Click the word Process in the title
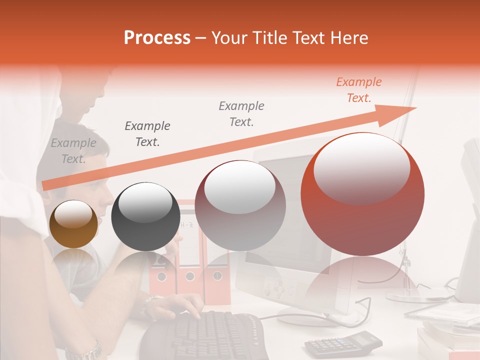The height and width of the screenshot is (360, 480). tap(157, 38)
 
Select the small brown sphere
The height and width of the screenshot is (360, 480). tap(73, 224)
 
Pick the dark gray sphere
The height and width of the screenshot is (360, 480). tap(145, 217)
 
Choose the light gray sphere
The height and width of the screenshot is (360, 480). tap(240, 205)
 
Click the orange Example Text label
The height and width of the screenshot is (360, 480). tap(358, 90)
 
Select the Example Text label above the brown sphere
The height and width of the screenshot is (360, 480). tap(73, 151)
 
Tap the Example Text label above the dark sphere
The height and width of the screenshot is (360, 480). tap(147, 134)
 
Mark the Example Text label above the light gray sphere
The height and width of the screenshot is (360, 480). tap(241, 113)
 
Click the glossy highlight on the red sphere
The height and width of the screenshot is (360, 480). tap(361, 167)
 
